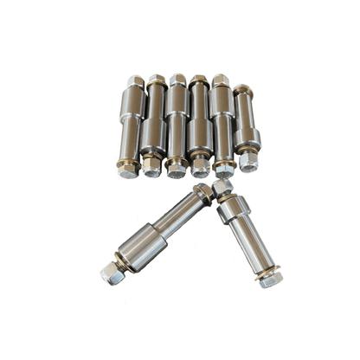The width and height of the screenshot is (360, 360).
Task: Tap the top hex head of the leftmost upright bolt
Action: [x=135, y=82]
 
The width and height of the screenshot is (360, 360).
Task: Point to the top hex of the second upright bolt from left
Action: [x=157, y=80]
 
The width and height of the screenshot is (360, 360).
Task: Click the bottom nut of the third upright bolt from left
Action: [x=176, y=168]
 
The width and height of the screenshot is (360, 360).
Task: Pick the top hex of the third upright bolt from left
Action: [x=178, y=80]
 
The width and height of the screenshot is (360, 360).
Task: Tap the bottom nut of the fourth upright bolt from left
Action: [x=200, y=167]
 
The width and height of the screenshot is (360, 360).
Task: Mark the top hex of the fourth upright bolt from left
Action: [x=199, y=80]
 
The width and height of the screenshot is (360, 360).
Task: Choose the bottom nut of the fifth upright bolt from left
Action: [x=224, y=169]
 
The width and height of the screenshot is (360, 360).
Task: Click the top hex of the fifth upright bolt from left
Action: [x=221, y=80]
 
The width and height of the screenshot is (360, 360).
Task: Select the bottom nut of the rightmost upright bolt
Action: [x=248, y=161]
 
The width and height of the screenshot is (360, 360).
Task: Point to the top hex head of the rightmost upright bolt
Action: [x=242, y=90]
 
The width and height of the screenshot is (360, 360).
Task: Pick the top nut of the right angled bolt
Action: [x=222, y=188]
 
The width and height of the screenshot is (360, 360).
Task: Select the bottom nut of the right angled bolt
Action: [x=271, y=277]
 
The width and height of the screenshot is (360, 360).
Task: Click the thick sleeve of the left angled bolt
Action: [x=140, y=247]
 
